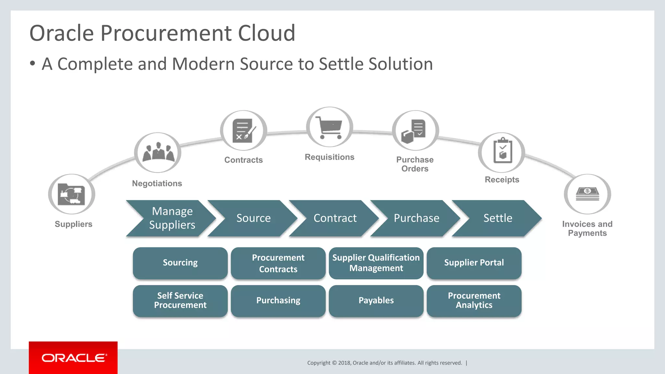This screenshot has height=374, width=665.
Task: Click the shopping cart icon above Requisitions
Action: tap(330, 127)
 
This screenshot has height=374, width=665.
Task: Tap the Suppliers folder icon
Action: tap(71, 194)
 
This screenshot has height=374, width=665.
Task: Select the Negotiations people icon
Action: tap(158, 152)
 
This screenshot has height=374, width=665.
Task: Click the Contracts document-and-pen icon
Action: tap(244, 131)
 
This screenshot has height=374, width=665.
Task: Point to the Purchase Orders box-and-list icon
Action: tap(415, 131)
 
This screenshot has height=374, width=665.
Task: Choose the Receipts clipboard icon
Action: tap(502, 152)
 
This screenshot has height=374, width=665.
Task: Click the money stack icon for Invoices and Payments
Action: tap(587, 194)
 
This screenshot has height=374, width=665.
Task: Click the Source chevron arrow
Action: tap(253, 218)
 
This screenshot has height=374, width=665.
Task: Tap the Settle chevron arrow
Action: tap(497, 218)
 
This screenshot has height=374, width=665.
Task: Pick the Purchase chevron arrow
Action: tap(416, 218)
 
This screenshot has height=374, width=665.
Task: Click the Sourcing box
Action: tap(180, 263)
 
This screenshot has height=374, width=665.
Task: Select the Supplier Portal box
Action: tap(474, 263)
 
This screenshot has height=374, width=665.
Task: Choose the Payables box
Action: tap(376, 301)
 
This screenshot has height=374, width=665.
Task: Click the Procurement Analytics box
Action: tap(474, 301)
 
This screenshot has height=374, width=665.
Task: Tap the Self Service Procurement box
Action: tap(180, 301)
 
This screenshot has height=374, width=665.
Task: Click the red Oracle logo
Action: tap(73, 358)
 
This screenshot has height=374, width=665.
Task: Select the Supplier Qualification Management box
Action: tap(376, 263)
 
